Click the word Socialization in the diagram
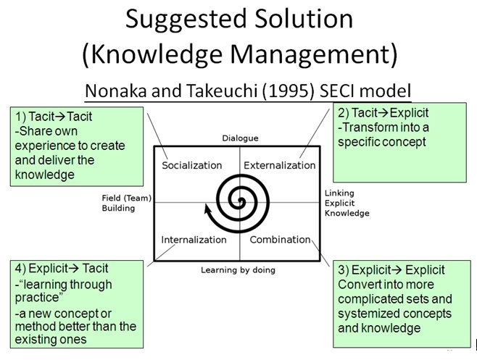pyautogui.click(x=193, y=165)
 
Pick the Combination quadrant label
pyautogui.click(x=279, y=239)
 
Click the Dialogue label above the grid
pyautogui.click(x=239, y=138)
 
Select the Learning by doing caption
pyautogui.click(x=238, y=270)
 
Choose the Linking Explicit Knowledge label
pyautogui.click(x=347, y=204)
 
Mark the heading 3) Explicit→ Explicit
pyautogui.click(x=391, y=270)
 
